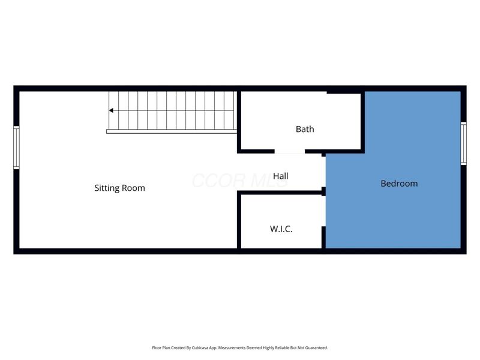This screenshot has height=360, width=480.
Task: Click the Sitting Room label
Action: (119, 188)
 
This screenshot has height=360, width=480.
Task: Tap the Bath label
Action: (305, 129)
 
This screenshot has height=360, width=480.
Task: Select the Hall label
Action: (280, 176)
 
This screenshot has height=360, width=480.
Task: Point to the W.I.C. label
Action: (281, 229)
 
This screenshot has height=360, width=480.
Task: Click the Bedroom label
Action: (399, 184)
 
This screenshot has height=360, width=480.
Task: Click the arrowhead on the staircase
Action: (112, 110)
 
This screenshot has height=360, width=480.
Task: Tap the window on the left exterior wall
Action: (17, 148)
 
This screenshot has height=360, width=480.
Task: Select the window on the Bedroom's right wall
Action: (463, 143)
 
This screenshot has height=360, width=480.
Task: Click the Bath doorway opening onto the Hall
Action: (290, 151)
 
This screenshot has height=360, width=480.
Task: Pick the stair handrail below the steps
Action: (171, 131)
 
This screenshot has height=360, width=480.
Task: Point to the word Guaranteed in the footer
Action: (314, 348)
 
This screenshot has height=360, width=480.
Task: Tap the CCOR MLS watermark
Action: (240, 180)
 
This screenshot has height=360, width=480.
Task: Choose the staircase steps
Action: (174, 110)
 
